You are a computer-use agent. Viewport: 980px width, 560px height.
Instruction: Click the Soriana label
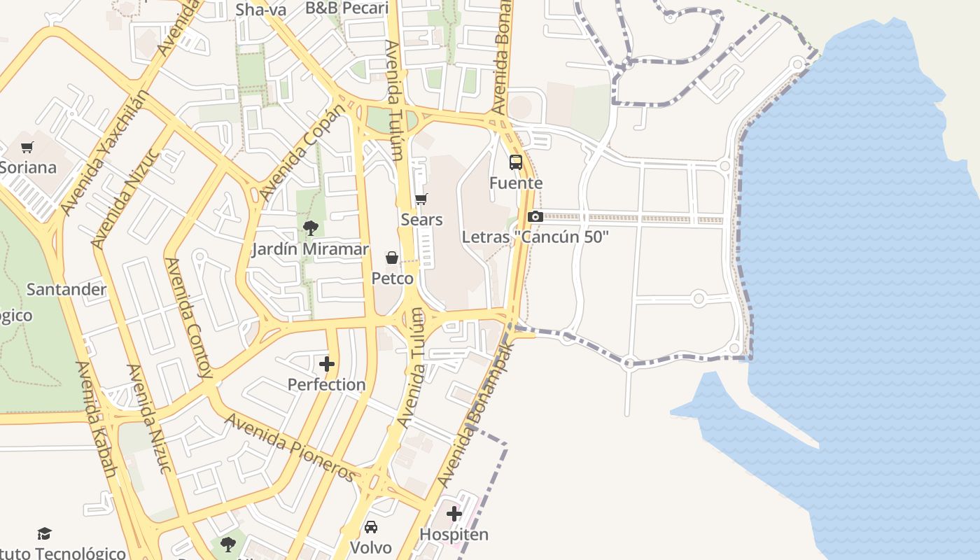coord(28,168)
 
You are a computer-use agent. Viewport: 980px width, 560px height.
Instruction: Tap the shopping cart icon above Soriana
coord(27,147)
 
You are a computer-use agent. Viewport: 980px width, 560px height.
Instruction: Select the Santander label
coord(66,289)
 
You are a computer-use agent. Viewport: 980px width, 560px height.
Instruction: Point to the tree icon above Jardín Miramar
coord(311,227)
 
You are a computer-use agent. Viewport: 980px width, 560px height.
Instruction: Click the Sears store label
coord(421,220)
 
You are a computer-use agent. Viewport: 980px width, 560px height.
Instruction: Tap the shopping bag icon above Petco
coord(392,258)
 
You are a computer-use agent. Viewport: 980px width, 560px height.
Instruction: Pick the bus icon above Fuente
coord(516,162)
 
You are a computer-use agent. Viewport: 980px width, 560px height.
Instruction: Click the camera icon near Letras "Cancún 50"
coord(535,216)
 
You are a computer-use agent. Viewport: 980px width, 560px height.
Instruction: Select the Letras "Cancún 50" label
coord(535,237)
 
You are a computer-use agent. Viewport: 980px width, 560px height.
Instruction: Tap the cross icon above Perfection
coord(327,364)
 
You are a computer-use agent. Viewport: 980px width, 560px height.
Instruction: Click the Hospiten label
coord(454,535)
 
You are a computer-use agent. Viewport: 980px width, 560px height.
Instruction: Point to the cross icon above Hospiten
coord(454,514)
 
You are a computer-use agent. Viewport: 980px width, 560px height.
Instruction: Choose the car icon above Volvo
coord(371,526)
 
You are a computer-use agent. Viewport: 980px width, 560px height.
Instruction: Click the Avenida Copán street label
coord(302,153)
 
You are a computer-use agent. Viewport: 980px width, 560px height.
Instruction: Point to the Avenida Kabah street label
coord(96,420)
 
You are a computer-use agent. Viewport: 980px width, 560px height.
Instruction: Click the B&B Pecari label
coord(346,8)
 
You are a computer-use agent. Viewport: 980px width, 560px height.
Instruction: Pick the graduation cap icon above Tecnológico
coord(45,533)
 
